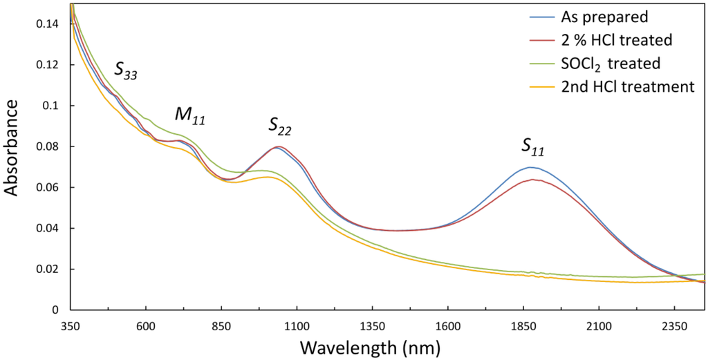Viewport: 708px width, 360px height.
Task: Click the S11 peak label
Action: (x=532, y=146)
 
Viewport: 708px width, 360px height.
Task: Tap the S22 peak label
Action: (x=279, y=126)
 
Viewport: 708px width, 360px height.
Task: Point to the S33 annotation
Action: (x=126, y=70)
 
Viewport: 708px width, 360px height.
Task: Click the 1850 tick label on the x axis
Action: (x=523, y=325)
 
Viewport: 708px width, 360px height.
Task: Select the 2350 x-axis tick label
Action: (x=675, y=325)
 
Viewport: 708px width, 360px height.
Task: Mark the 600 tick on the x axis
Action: (x=145, y=325)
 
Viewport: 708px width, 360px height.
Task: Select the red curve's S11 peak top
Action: (x=533, y=180)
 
